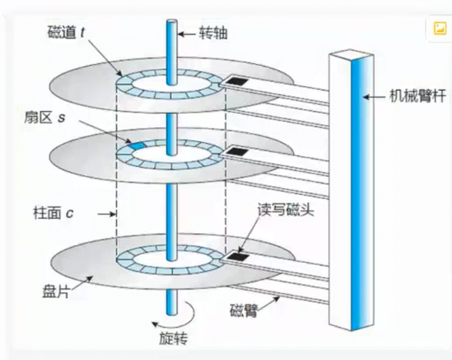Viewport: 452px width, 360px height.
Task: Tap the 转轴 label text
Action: click(x=212, y=32)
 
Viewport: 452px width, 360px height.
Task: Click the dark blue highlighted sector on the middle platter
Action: click(x=136, y=145)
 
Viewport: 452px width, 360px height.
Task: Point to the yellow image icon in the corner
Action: click(x=439, y=28)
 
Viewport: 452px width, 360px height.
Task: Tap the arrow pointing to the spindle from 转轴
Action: click(x=187, y=32)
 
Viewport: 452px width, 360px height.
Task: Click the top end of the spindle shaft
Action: click(x=171, y=23)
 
